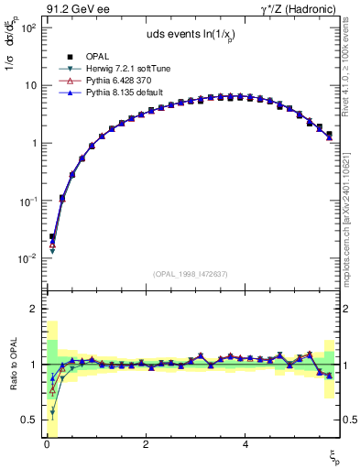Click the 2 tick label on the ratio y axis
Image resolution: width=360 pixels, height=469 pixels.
pos(32,310)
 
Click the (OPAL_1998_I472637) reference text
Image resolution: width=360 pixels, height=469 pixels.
pos(191,273)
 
